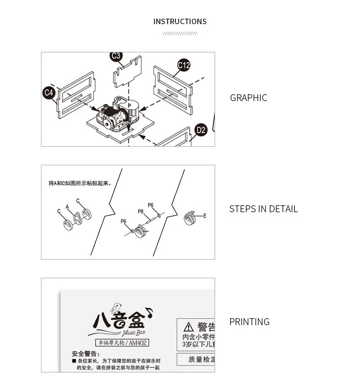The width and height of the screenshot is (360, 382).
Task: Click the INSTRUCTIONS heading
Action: point(180,21)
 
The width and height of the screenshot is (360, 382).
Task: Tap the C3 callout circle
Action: point(116,56)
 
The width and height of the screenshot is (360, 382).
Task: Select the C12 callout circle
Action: point(184,65)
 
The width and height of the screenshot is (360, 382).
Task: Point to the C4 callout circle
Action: point(49,93)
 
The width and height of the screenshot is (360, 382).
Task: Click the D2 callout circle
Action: point(201,130)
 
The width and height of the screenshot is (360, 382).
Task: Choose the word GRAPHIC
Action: point(248,98)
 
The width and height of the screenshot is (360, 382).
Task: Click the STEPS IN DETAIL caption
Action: point(263,209)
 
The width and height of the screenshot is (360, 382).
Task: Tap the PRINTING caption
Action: point(249,322)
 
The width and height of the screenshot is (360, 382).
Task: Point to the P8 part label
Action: point(141,212)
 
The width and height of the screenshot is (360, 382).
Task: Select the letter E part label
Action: point(205,216)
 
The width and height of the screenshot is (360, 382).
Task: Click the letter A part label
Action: point(67,207)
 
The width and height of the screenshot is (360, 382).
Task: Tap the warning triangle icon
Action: point(188,327)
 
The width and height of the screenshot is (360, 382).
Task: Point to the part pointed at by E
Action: point(189,218)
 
